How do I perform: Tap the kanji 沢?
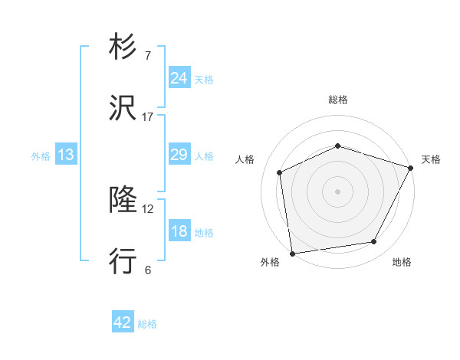(123, 109)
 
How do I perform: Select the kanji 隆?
(123, 201)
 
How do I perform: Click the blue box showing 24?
(179, 78)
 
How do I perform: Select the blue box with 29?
(179, 155)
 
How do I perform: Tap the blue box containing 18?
(179, 231)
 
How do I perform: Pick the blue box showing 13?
(66, 155)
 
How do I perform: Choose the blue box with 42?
(122, 322)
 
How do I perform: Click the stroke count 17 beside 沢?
(148, 117)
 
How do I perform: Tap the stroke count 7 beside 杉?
(147, 55)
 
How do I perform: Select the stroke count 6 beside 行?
(147, 270)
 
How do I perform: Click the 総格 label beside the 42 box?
(147, 324)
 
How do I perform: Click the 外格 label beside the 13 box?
(41, 156)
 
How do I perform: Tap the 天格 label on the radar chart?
(431, 159)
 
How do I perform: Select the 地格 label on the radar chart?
(402, 262)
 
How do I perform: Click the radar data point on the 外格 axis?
(292, 253)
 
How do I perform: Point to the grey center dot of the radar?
(338, 191)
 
